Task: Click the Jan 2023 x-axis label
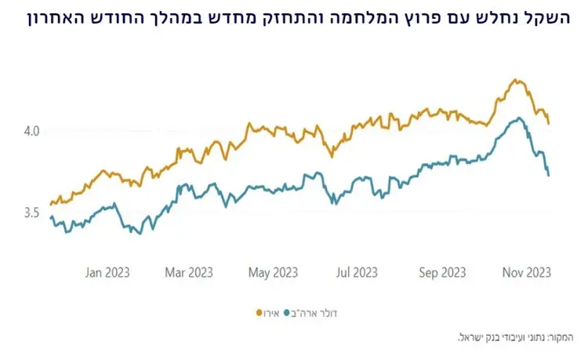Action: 108,272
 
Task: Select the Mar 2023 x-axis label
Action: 188,272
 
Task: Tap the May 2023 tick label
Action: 273,272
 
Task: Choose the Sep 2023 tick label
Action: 442,272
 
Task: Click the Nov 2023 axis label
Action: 526,272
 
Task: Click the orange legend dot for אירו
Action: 259,313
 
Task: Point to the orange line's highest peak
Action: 514,79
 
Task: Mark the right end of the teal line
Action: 549,175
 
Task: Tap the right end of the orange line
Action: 549,123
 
